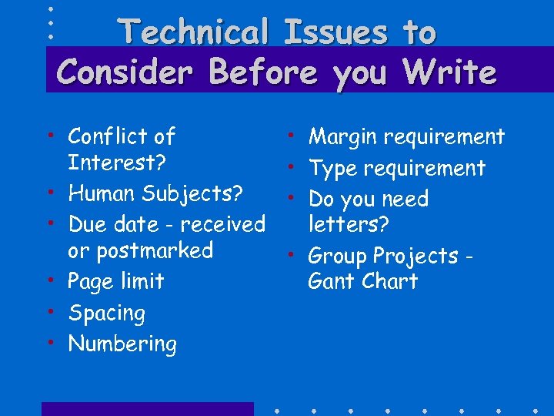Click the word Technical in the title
[192, 32]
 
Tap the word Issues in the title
[334, 32]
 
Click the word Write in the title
[449, 72]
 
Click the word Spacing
[106, 314]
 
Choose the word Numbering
[122, 344]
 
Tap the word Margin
[342, 138]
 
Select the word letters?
[349, 225]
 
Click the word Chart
[392, 281]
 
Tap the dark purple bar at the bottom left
[147, 409]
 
